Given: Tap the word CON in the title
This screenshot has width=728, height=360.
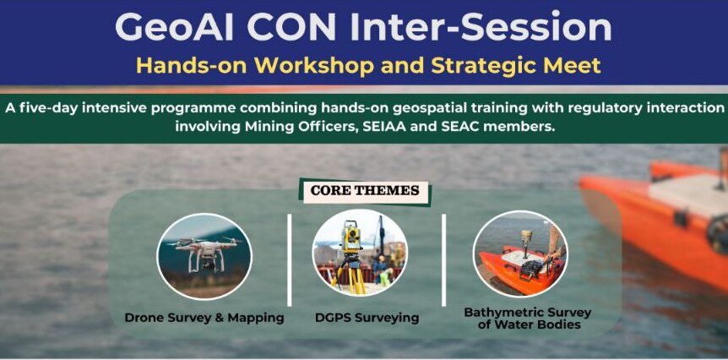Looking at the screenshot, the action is tap(291, 26).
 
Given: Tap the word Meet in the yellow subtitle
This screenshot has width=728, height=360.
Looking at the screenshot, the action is tap(571, 66).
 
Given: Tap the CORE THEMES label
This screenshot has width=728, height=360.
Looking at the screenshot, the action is tap(365, 190).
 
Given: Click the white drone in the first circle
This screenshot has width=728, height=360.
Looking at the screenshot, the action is tap(204, 253).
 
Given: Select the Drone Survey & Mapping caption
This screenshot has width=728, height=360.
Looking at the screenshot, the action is tap(204, 319).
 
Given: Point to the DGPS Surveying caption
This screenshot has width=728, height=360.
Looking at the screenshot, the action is tap(367, 319).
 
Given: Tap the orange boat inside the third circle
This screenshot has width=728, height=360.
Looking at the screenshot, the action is tap(518, 269).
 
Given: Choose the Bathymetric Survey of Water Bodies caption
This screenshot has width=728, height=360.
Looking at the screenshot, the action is tap(528, 319).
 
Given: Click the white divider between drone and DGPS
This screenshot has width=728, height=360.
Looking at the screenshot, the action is tap(290, 260).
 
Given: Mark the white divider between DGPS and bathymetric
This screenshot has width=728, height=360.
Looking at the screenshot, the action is tap(443, 260).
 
